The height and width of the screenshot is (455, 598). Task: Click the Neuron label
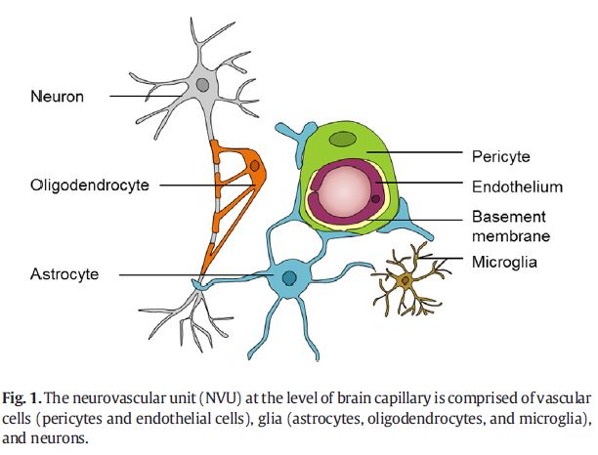click(x=58, y=96)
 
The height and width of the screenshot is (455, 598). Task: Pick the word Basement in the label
click(x=508, y=216)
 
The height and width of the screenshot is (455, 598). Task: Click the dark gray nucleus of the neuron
click(x=203, y=86)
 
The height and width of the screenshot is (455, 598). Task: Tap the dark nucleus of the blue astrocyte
click(x=289, y=280)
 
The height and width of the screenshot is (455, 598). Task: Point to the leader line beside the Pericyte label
click(x=410, y=153)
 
